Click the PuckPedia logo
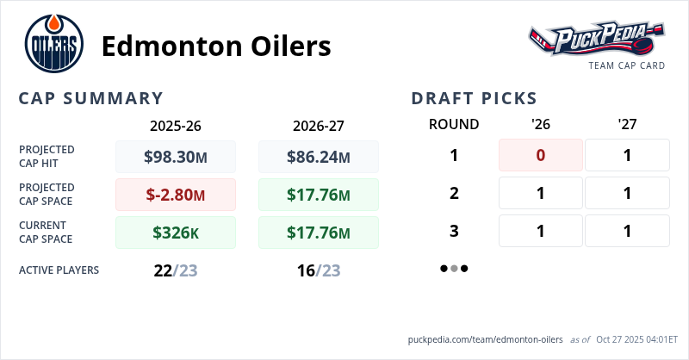click(x=596, y=40)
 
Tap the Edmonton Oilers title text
click(x=216, y=46)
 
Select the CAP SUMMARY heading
click(x=90, y=98)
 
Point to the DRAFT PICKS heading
click(x=475, y=98)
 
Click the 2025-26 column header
click(x=176, y=125)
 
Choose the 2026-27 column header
click(x=319, y=125)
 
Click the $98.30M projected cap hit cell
click(x=176, y=157)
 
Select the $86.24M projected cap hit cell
click(x=319, y=157)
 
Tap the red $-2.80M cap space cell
click(x=176, y=195)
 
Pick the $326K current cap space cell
click(x=176, y=233)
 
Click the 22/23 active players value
click(x=176, y=270)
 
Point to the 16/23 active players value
click(x=319, y=270)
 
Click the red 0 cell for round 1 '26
click(x=541, y=155)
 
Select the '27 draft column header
click(x=627, y=124)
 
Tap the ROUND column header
click(x=454, y=124)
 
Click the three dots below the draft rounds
click(x=454, y=268)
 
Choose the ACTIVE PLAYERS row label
click(x=59, y=270)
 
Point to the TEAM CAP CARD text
click(x=626, y=65)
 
